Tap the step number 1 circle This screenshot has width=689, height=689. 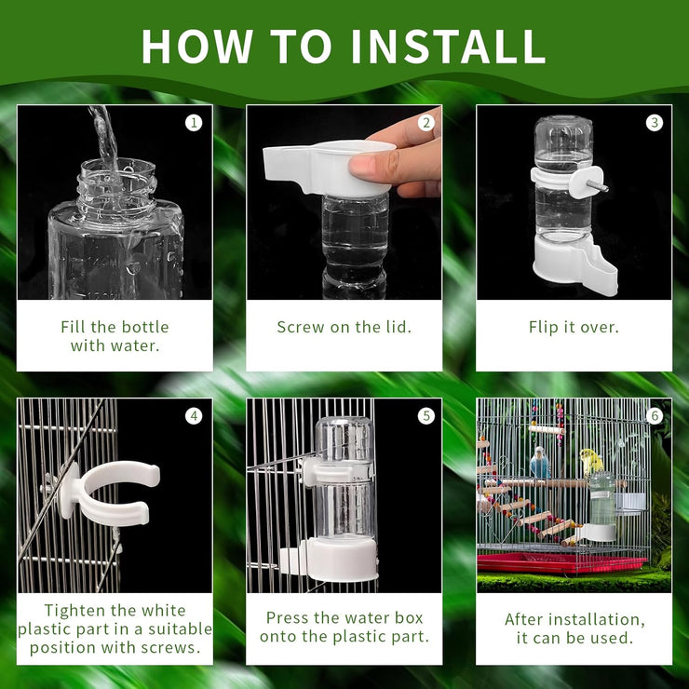click(194, 122)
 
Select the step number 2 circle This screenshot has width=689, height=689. click(426, 122)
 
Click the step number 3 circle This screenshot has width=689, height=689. click(655, 122)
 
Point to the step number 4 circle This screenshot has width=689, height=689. click(194, 415)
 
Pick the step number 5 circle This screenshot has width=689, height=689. click(426, 415)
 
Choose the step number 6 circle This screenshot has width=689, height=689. click(655, 415)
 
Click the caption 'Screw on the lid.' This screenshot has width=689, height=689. click(344, 327)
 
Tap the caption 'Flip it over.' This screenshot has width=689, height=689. click(574, 327)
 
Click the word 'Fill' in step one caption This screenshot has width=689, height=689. click(75, 327)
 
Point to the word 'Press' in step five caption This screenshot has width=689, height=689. click(289, 618)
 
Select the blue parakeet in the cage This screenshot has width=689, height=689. click(540, 463)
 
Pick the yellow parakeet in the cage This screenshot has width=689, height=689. click(589, 460)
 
